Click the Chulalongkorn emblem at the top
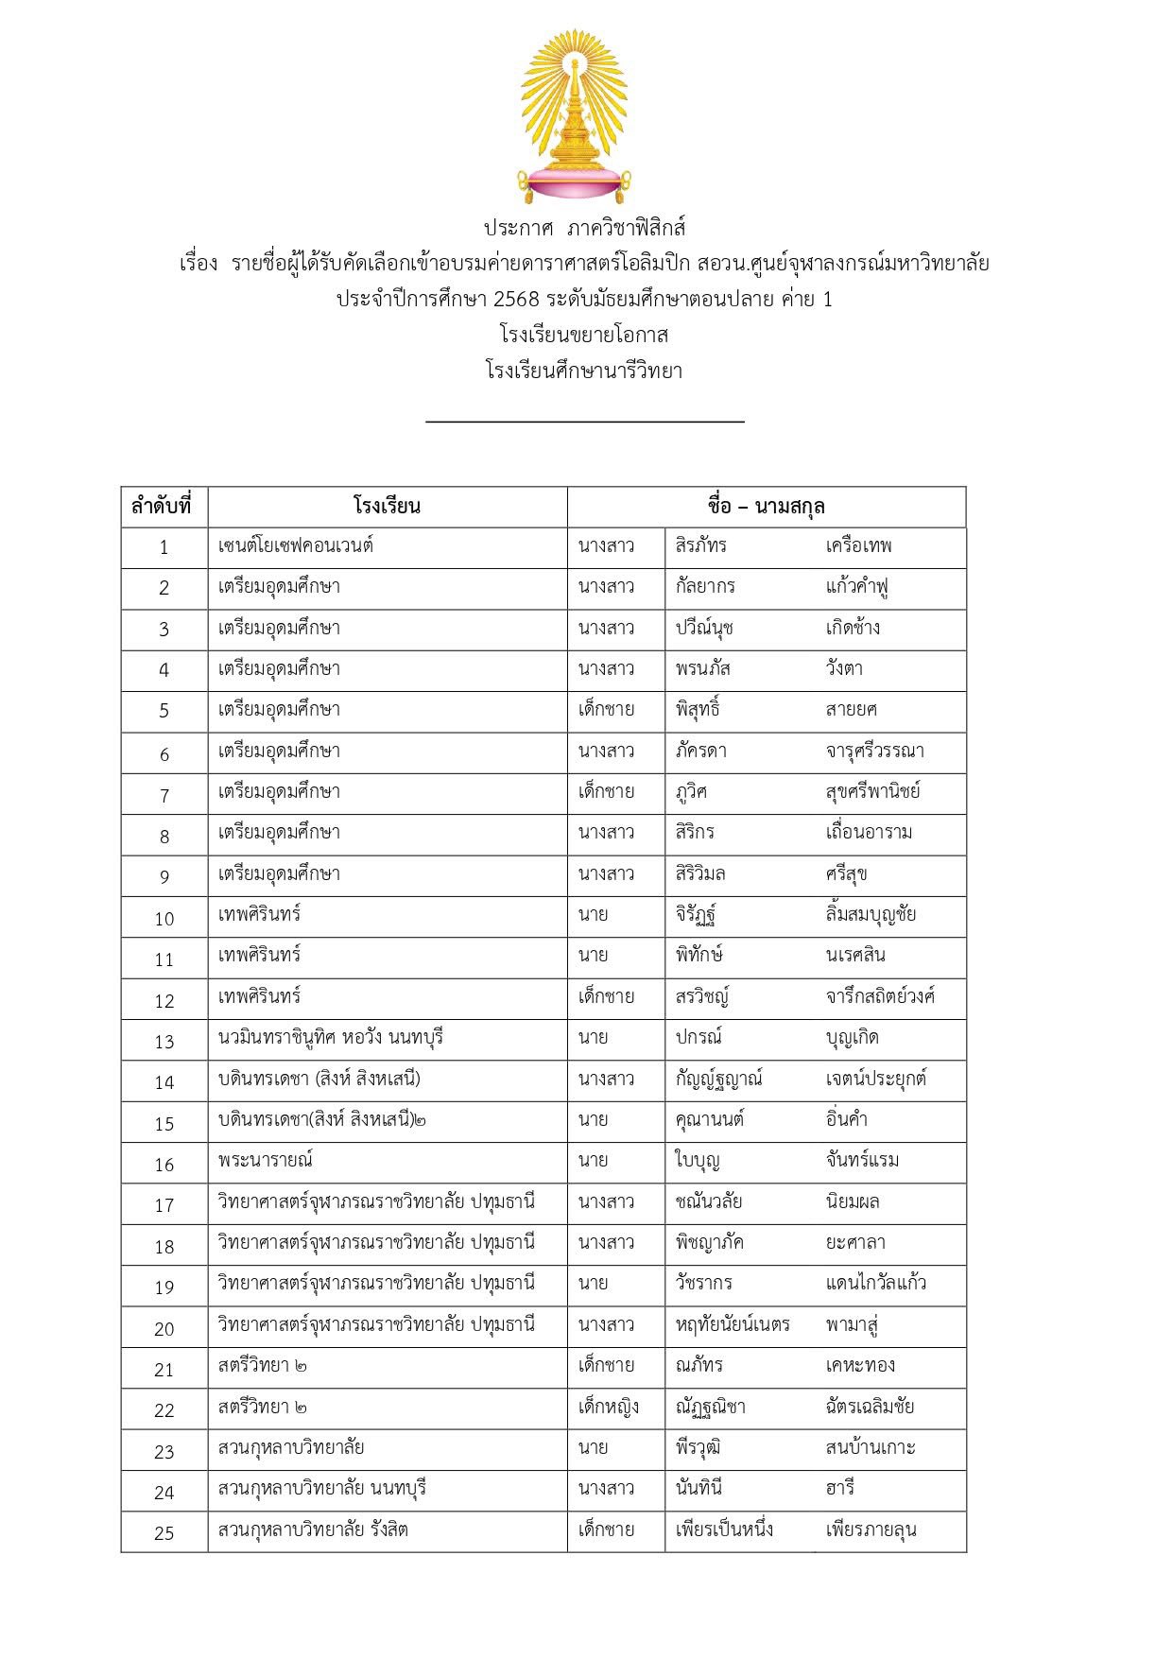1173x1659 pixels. (x=574, y=115)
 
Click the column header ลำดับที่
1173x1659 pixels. (x=162, y=506)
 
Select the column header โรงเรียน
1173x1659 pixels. (x=387, y=506)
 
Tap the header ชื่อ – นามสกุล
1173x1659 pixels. (x=766, y=506)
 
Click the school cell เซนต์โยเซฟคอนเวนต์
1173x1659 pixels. (x=295, y=545)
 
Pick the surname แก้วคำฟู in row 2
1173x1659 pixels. (x=856, y=586)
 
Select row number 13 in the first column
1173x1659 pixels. (x=164, y=1041)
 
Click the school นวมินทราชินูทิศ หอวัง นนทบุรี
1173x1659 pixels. (x=330, y=1037)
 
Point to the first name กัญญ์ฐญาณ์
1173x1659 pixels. (x=718, y=1079)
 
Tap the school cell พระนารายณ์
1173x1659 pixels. (x=265, y=1160)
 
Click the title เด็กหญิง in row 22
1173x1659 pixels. (x=608, y=1406)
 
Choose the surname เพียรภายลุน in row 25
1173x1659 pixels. (x=871, y=1529)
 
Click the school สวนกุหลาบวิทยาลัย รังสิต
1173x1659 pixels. (x=313, y=1529)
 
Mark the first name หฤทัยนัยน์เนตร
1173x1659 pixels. (x=733, y=1324)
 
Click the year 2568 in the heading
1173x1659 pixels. (x=516, y=299)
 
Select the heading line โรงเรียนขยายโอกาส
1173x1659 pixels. (x=584, y=335)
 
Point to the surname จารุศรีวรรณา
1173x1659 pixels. (x=874, y=751)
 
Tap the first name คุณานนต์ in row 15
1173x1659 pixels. (x=709, y=1119)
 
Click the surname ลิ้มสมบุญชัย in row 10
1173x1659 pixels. (x=871, y=914)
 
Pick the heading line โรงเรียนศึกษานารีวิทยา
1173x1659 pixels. (x=584, y=371)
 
